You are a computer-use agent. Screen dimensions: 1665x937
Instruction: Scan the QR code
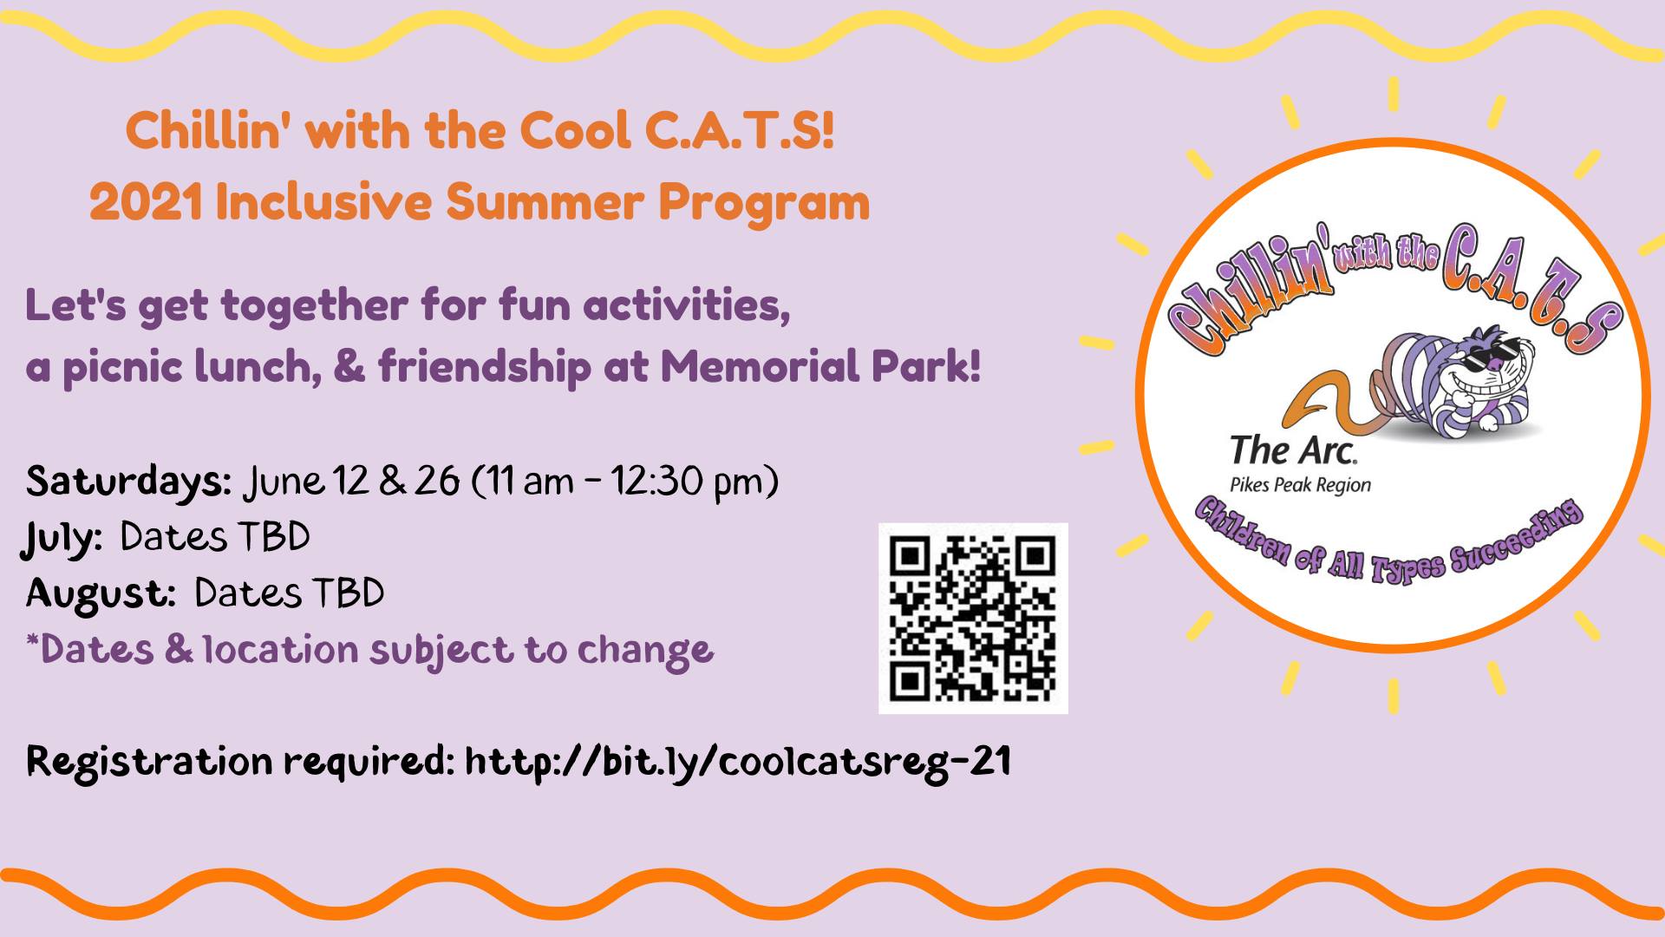(973, 619)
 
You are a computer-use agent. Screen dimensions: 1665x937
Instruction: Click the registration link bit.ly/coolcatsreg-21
(738, 761)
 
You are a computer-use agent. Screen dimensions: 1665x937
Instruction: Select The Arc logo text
(1293, 450)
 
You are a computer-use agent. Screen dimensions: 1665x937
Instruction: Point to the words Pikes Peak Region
(1300, 485)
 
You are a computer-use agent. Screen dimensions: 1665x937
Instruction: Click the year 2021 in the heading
(146, 203)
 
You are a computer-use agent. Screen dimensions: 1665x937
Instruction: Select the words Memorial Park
(819, 366)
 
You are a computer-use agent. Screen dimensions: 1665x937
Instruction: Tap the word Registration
(149, 761)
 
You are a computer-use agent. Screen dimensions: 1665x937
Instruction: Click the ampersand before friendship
(349, 366)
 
